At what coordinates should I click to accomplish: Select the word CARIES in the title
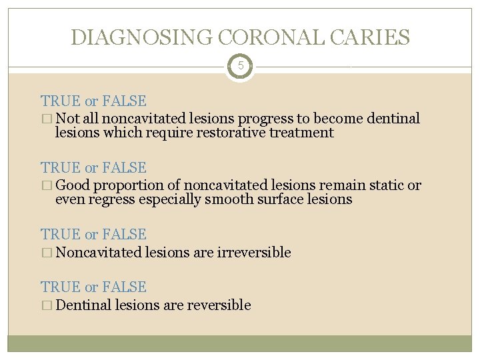(372, 37)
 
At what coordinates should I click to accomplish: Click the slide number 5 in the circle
(240, 67)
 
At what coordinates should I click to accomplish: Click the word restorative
(226, 133)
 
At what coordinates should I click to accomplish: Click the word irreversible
(254, 253)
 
